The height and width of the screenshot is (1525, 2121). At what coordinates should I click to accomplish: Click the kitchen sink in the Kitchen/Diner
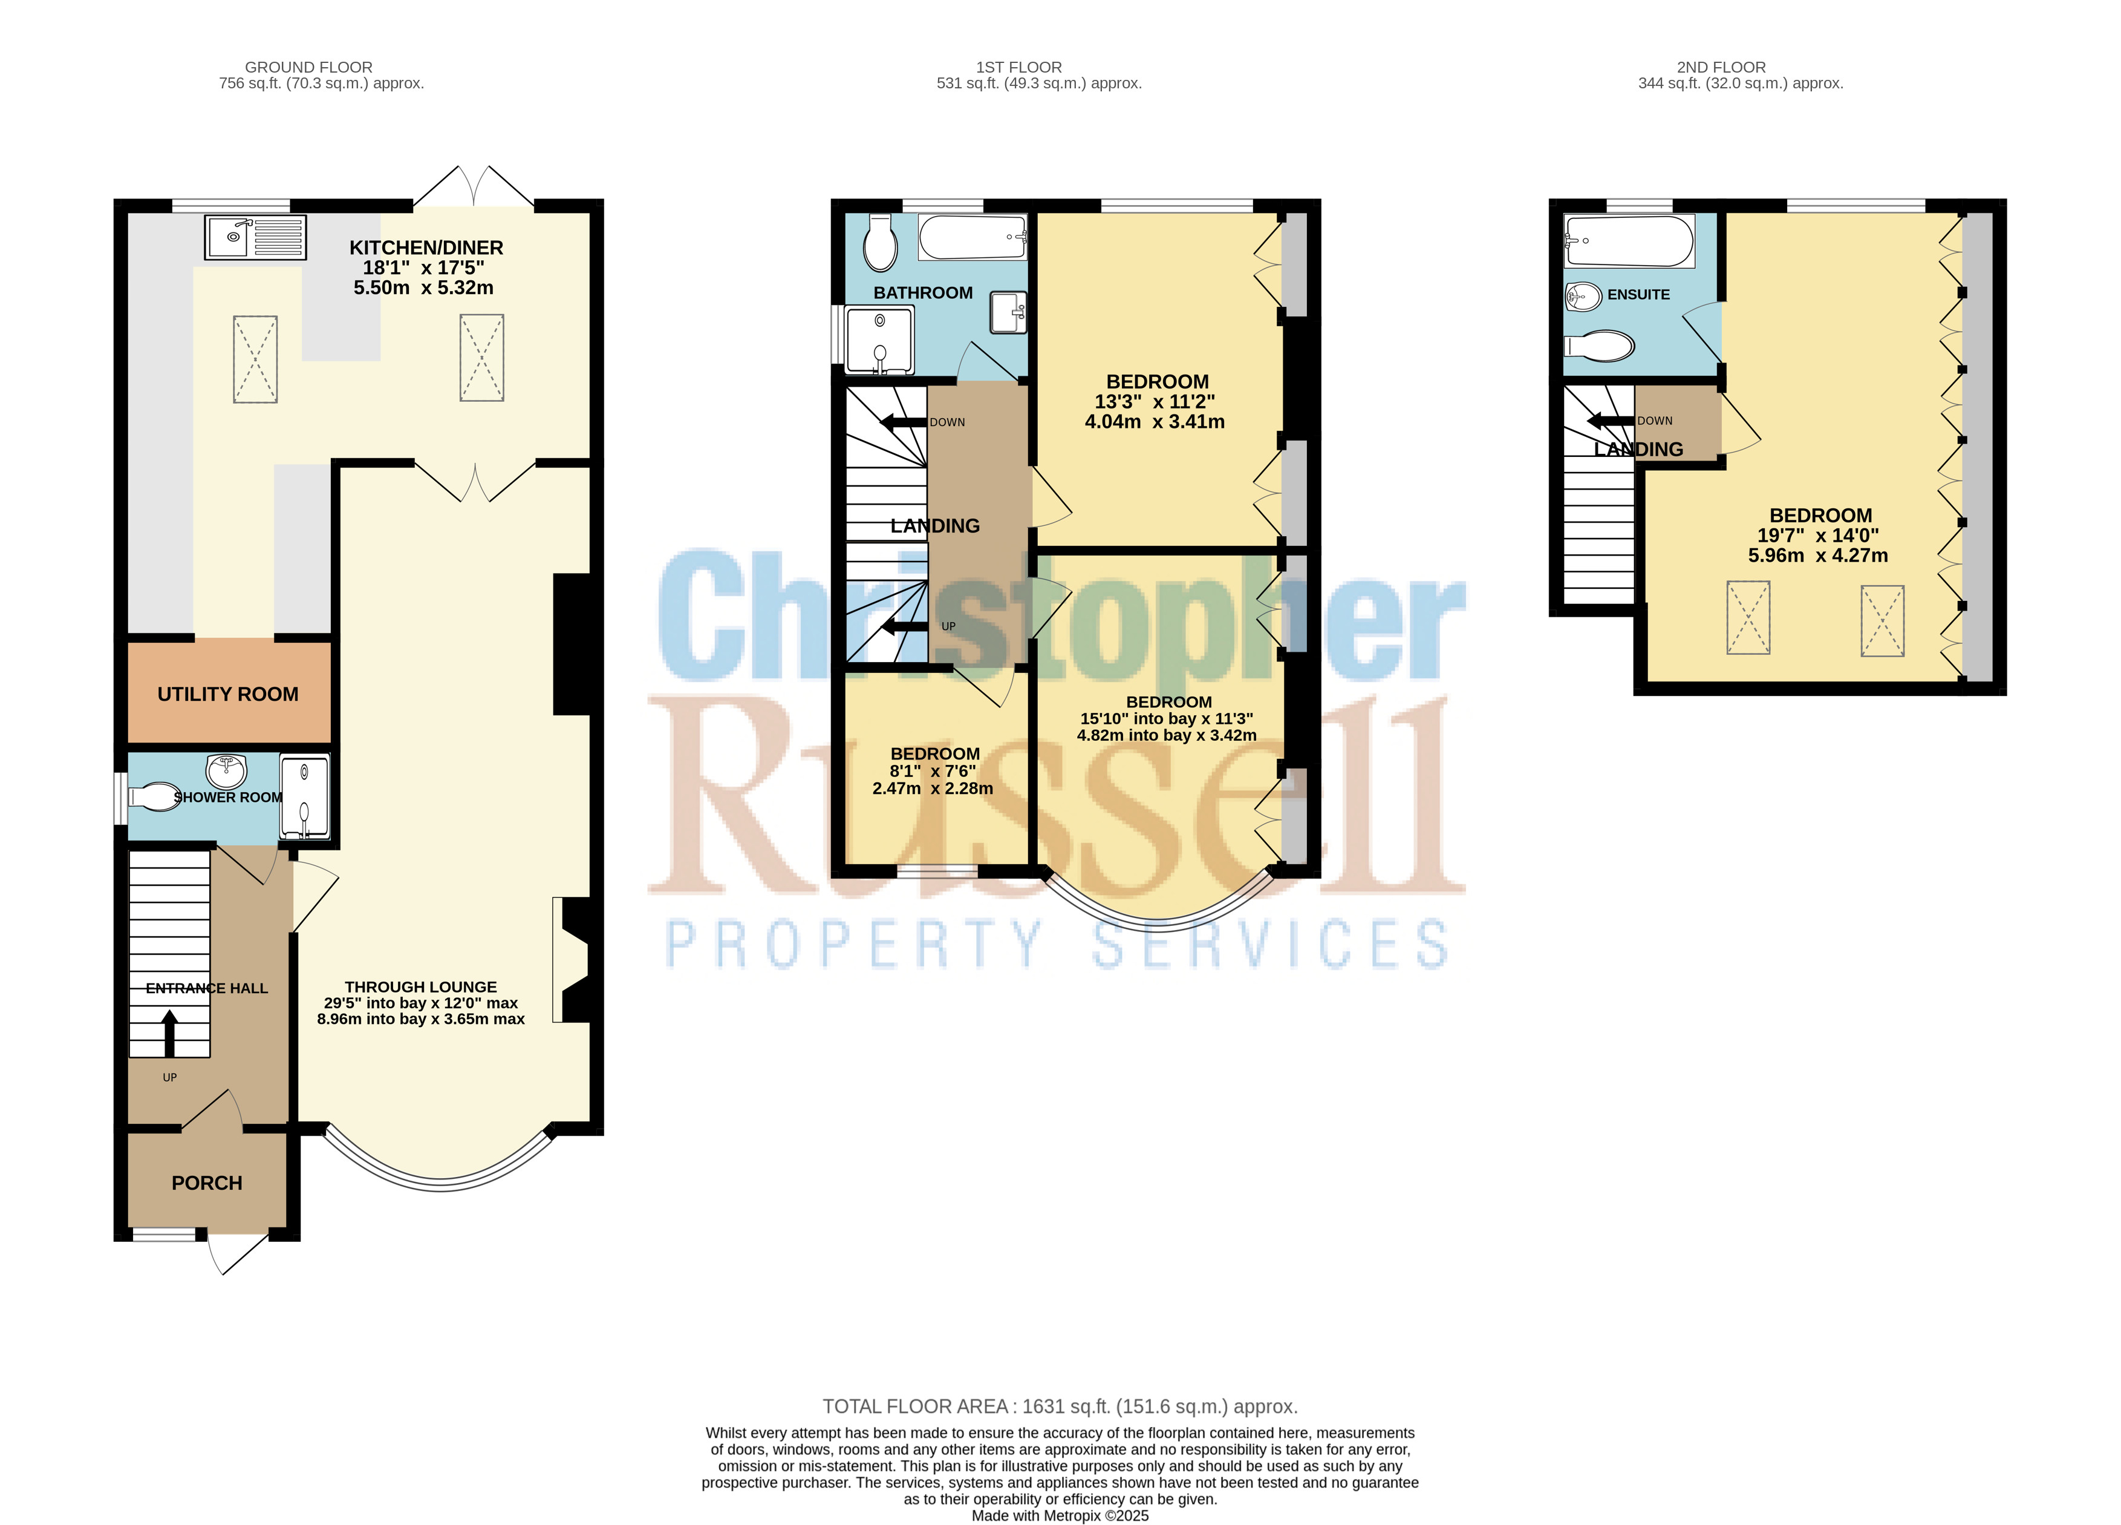(255, 237)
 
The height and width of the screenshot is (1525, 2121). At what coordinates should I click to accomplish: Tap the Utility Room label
(228, 694)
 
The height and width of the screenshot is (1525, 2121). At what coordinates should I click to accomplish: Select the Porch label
(207, 1184)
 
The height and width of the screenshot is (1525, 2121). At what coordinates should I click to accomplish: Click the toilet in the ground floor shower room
(154, 797)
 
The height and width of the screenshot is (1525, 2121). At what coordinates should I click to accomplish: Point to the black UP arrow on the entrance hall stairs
(169, 1034)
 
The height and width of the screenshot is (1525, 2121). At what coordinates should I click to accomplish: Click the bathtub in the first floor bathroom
(974, 237)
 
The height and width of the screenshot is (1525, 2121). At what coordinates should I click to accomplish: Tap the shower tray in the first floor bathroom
(880, 339)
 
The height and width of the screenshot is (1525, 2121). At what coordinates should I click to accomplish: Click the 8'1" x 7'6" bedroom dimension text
(933, 772)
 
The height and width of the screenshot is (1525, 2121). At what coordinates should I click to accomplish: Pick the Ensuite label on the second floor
(1638, 295)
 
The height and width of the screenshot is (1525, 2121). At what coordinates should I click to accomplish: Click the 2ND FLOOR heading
(1721, 67)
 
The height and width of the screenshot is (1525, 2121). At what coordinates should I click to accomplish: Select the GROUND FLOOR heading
(308, 67)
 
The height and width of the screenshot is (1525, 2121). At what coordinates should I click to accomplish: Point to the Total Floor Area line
(1060, 1406)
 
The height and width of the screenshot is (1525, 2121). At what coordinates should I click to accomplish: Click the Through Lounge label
(421, 987)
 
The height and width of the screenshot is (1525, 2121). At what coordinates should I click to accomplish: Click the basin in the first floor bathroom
(1009, 312)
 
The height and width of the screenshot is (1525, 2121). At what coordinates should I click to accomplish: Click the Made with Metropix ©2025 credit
(1060, 1516)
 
